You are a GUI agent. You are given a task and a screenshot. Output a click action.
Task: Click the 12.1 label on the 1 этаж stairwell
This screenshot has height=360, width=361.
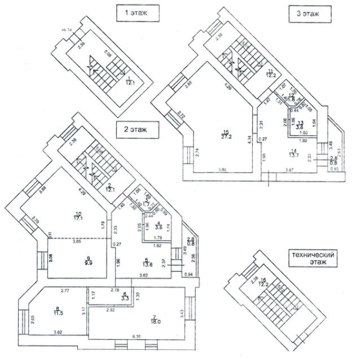point(130,82)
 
